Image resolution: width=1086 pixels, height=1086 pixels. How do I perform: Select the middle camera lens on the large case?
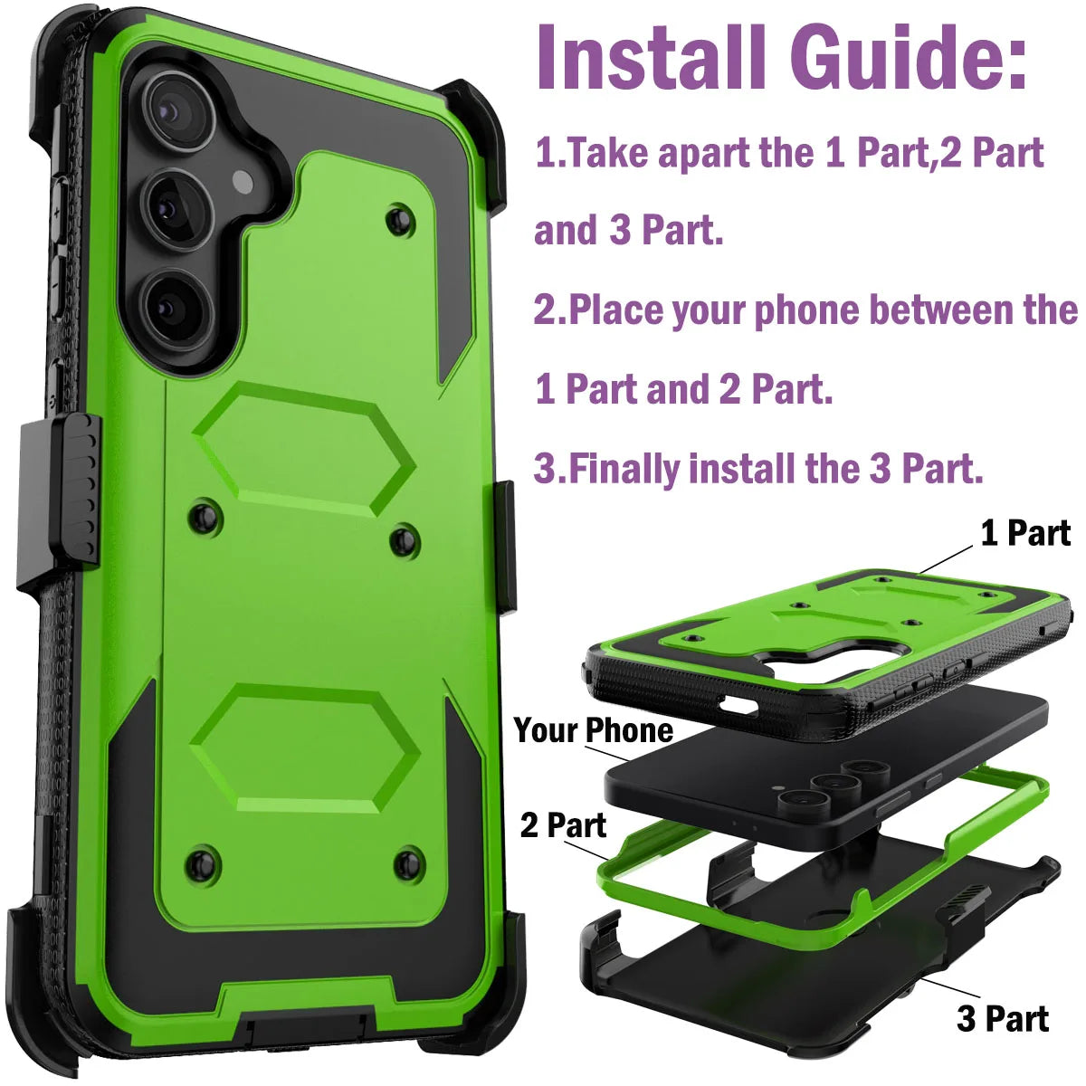(x=176, y=210)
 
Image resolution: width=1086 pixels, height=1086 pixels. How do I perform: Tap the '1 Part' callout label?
(x=1025, y=533)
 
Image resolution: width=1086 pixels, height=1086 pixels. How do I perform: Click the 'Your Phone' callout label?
(x=594, y=729)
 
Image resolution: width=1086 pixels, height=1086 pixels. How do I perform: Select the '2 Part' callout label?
(x=563, y=825)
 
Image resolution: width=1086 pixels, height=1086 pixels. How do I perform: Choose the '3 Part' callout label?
(x=1003, y=1018)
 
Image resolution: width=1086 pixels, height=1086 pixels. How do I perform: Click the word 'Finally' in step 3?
(x=624, y=469)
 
